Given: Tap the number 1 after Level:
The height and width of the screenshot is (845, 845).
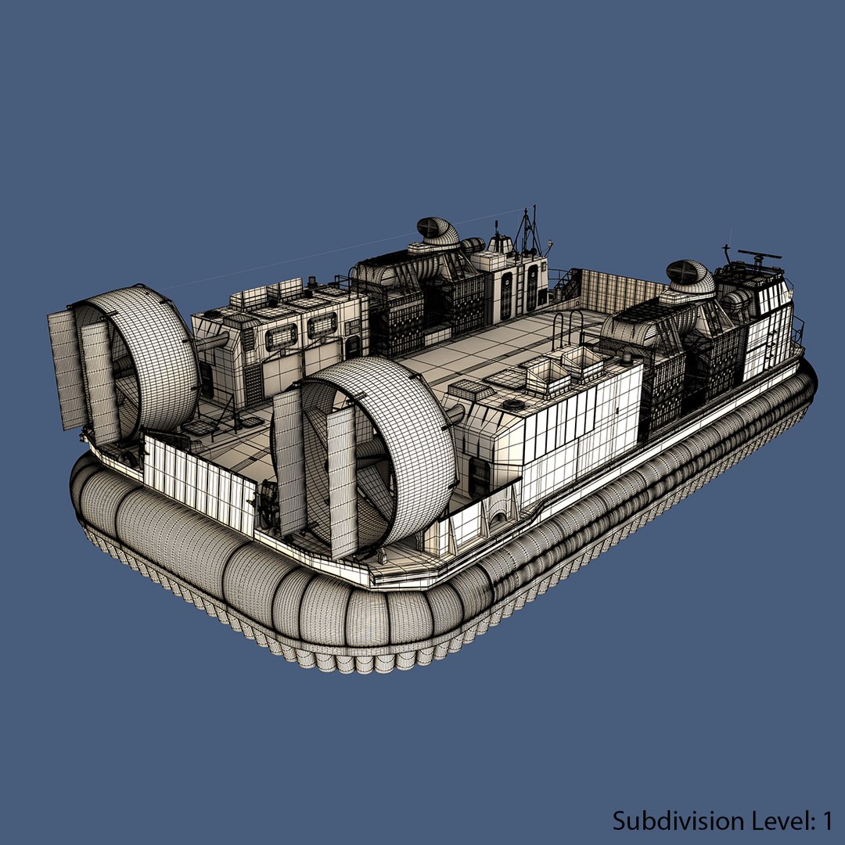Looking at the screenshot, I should [825, 820].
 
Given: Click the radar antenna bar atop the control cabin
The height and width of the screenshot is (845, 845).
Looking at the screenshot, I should [759, 255].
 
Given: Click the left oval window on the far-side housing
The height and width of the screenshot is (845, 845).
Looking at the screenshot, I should [281, 336].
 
